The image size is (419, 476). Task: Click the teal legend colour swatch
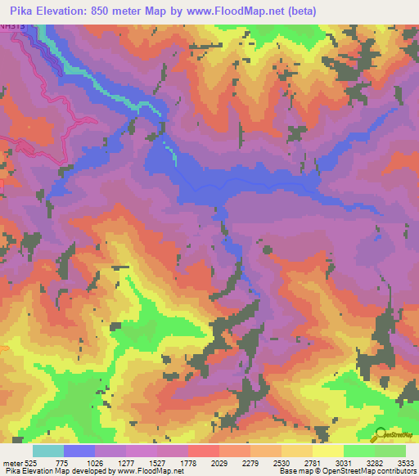pos(48,451)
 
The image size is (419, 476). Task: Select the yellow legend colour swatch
pos(327,451)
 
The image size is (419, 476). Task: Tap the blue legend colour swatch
pos(79,451)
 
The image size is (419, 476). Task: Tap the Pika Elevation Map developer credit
pos(92,471)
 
